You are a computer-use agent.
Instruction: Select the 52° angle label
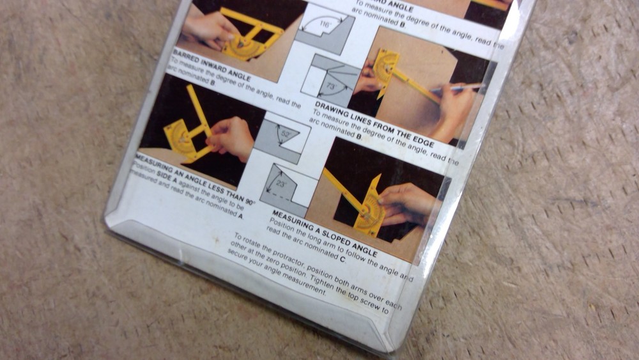point(286,134)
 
